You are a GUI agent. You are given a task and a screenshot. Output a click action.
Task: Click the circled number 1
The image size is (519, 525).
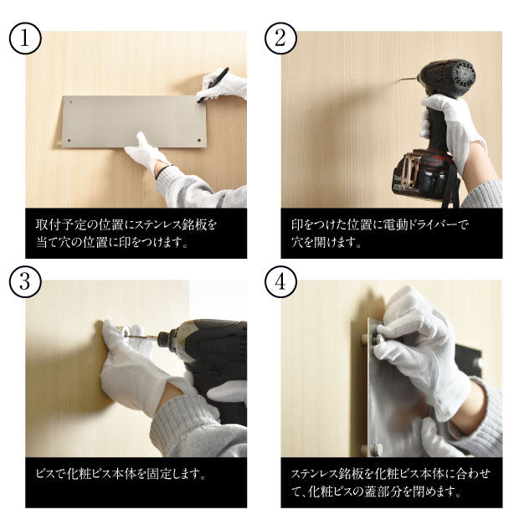click(25, 39)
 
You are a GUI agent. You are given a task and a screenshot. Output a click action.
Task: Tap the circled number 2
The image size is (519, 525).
click(280, 39)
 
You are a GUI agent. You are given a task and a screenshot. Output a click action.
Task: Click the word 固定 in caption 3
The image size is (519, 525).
click(158, 474)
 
